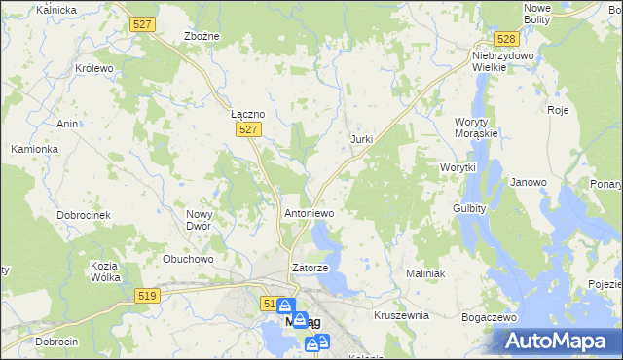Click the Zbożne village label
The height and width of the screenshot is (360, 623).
[202, 36]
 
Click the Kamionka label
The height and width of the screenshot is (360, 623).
[35, 149]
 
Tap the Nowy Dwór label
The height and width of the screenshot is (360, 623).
[199, 220]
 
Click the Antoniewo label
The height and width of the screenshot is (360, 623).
[309, 211]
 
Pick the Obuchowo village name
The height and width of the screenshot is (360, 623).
[188, 259]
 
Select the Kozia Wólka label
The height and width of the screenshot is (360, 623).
[104, 271]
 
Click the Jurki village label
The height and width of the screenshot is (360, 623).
[361, 139]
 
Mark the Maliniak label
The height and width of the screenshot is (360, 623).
[425, 273]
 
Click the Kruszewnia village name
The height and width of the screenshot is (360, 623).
[401, 315]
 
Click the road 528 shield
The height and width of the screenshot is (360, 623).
[504, 39]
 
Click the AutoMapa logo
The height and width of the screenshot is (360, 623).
[557, 341]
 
